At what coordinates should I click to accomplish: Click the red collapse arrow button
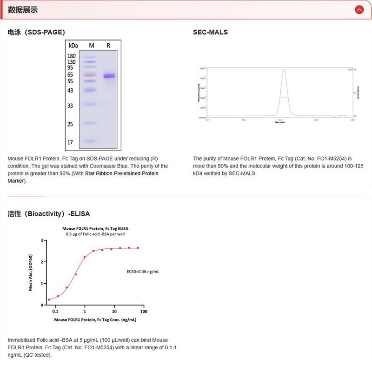pos(359,9)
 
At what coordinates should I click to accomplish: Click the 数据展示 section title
pos(23,10)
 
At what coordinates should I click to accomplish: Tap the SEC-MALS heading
pos(210,32)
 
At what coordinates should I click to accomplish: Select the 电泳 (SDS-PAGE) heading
pos(36,32)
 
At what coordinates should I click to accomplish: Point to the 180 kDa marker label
pos(72,56)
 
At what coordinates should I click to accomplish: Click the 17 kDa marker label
pos(71,142)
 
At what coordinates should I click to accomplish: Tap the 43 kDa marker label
pos(71,90)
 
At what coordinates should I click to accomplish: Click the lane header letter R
pos(108,46)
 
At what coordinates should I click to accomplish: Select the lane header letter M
pos(92,46)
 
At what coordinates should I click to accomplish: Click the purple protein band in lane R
pos(109,76)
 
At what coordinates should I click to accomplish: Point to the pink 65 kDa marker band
pos(90,74)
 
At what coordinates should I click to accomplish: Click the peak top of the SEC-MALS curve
pos(284,70)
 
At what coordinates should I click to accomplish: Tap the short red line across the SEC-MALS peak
pos(284,97)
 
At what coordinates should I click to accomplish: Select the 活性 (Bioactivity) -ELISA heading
pos(49,214)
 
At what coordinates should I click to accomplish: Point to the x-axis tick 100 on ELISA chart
pos(143,311)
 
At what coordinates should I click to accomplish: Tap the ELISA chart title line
pos(95,228)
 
